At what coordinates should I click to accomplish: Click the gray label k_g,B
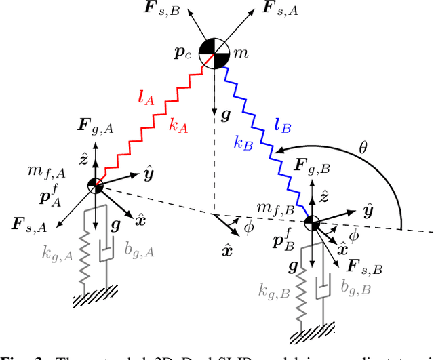tap(274, 292)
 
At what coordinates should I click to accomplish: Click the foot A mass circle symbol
tap(96, 185)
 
